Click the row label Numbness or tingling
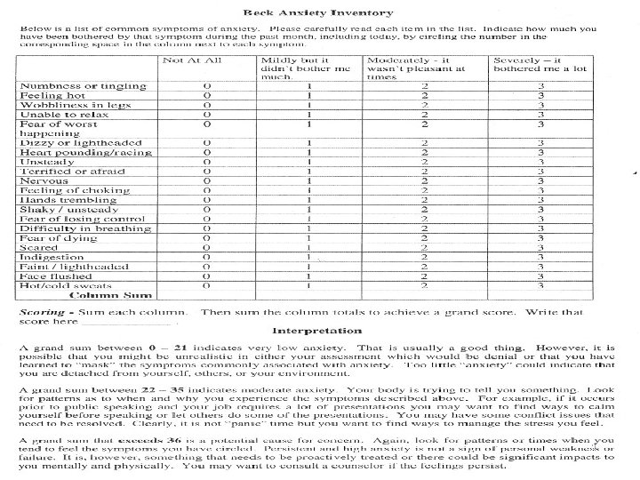point(69,86)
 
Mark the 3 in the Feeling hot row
point(540,95)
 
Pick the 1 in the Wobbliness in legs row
point(308,105)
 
